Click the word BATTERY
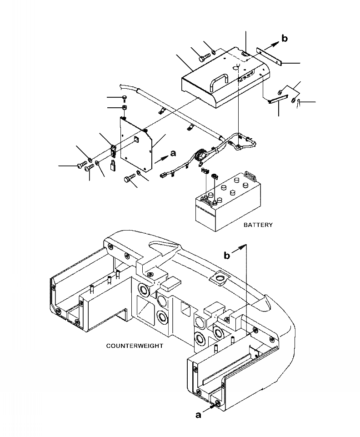tap(258, 225)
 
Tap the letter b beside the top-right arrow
tap(285, 39)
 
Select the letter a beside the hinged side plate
tap(172, 154)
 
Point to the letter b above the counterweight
tap(226, 256)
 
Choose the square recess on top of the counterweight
tap(221, 277)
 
